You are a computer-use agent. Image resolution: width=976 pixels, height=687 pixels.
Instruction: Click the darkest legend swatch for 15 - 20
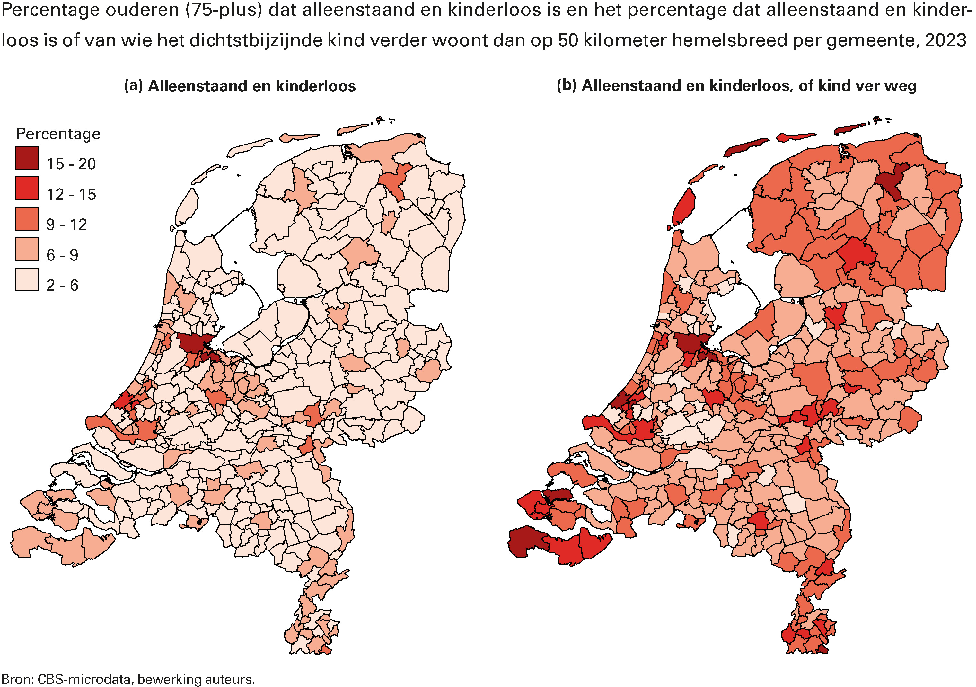(x=27, y=158)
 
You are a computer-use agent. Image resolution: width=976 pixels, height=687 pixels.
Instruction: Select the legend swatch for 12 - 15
(x=27, y=188)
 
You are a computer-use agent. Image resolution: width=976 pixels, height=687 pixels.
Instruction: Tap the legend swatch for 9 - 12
(x=27, y=218)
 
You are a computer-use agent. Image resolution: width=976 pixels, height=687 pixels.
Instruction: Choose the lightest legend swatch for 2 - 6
(x=27, y=279)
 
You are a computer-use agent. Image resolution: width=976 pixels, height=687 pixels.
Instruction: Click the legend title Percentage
(x=58, y=134)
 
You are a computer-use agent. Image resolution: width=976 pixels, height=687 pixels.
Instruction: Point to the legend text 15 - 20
(x=71, y=164)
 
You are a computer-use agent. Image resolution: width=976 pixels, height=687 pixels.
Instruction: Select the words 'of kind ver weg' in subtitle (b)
(x=857, y=86)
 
